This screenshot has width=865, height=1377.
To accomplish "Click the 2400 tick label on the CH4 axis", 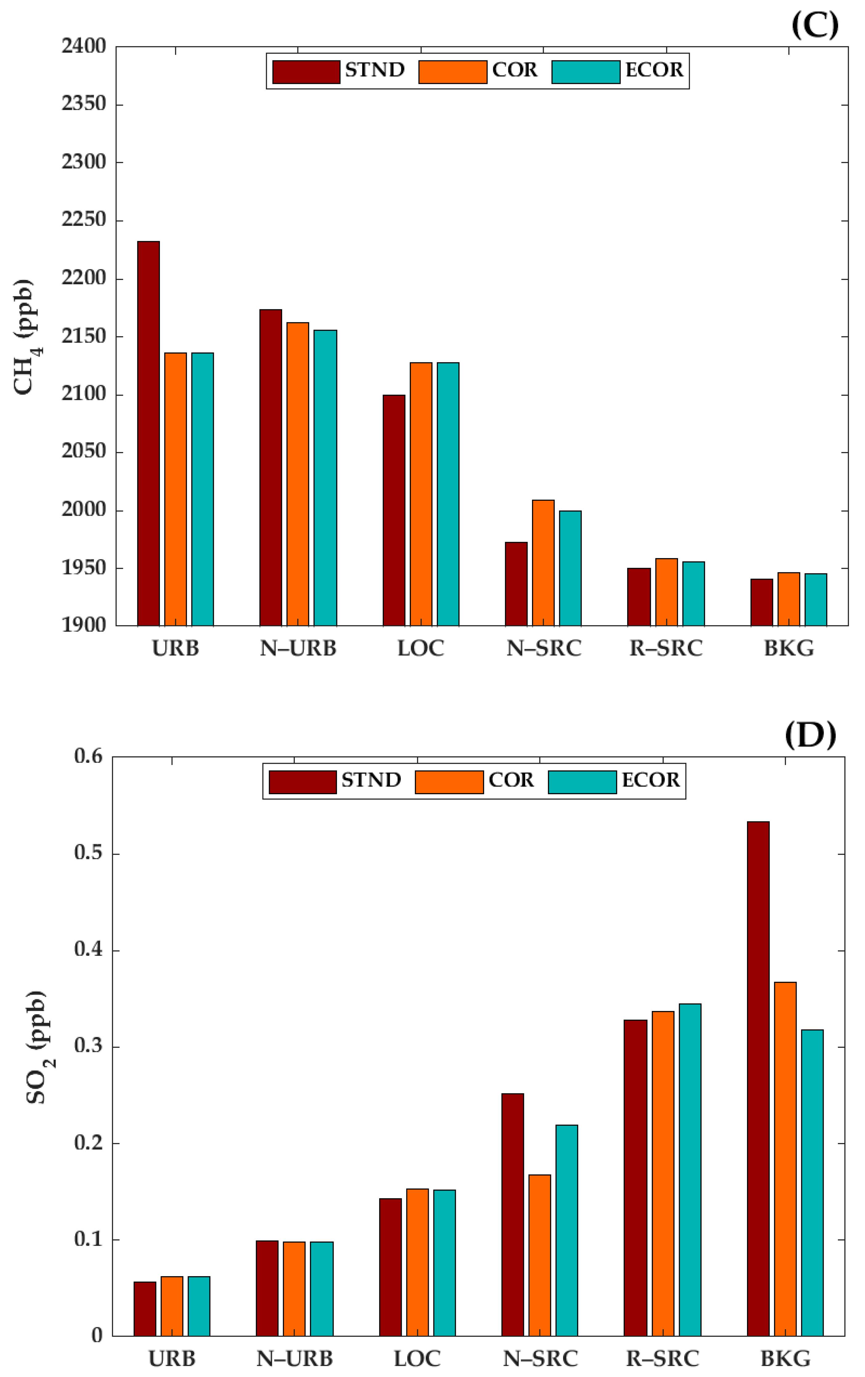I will coord(84,46).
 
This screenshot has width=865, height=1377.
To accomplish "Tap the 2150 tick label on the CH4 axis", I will coord(84,336).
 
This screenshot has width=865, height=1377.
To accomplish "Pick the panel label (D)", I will coord(810,735).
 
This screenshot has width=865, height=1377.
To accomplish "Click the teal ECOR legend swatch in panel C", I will coord(586,72).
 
